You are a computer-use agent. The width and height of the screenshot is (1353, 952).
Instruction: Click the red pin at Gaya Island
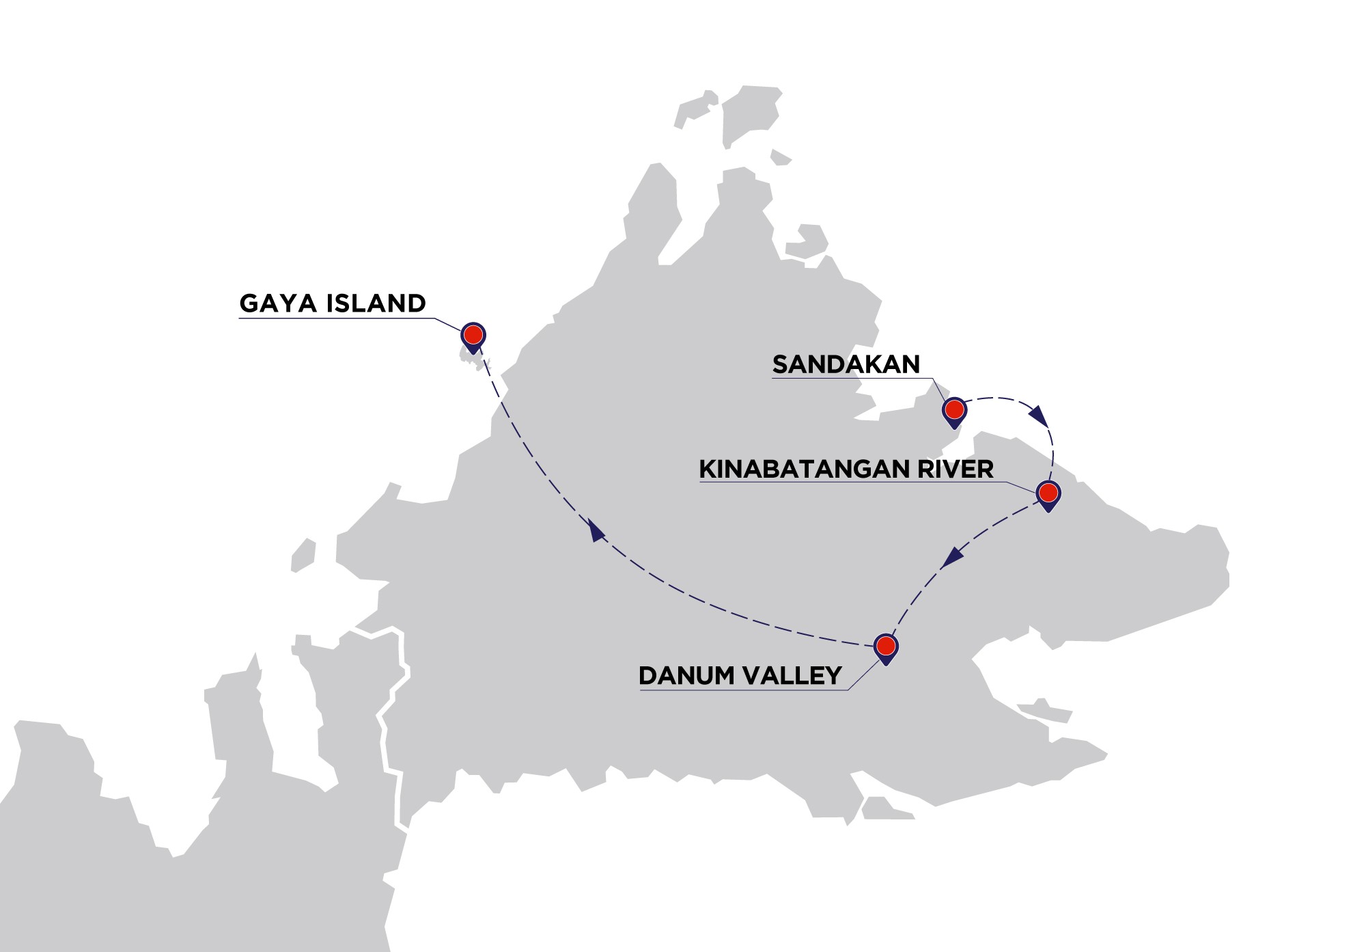tap(473, 335)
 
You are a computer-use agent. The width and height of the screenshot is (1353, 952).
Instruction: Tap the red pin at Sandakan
tap(954, 409)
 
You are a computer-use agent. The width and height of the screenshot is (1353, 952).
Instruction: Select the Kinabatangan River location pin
tap(1048, 492)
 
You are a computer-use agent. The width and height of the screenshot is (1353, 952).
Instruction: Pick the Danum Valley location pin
tap(886, 645)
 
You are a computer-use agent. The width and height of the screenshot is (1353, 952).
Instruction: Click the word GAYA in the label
tap(279, 303)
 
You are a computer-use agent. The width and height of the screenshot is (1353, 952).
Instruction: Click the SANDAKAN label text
tap(846, 364)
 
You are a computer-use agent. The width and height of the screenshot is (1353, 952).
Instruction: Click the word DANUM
tap(686, 676)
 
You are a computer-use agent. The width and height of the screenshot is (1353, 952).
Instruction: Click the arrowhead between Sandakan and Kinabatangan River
tap(1039, 415)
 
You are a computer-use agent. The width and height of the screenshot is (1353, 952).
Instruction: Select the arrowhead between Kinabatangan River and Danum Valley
tap(951, 558)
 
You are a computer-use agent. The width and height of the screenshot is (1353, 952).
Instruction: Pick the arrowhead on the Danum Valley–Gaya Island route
tap(597, 531)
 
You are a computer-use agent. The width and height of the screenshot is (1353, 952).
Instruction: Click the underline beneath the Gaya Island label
tap(335, 318)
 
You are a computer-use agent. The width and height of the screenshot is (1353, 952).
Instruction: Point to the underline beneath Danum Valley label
tap(741, 690)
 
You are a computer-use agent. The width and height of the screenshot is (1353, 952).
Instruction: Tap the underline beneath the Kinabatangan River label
tap(847, 482)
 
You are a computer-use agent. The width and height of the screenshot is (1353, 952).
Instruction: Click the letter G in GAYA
tap(250, 303)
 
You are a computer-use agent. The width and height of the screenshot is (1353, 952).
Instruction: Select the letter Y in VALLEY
tap(833, 676)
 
